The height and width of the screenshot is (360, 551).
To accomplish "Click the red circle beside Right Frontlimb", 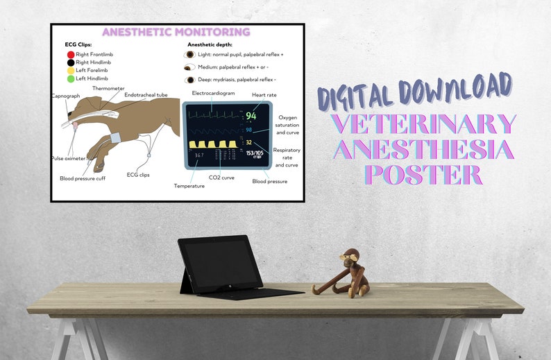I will point(70,54).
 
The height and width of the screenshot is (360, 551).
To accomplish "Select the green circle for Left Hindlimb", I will point(70,80).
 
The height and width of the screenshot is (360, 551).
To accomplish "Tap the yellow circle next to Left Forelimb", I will point(70,71).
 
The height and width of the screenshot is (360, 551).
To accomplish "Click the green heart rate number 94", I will point(251,115).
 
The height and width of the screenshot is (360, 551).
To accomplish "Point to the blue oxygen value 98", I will point(248,130).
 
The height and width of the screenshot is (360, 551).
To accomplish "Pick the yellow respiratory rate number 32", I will point(248,142).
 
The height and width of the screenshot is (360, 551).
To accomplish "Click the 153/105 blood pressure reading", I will point(253,153).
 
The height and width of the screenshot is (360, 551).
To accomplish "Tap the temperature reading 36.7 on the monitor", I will point(199,155).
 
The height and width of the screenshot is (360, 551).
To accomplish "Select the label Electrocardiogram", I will point(213,93).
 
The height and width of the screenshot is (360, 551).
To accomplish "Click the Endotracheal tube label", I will point(146,95).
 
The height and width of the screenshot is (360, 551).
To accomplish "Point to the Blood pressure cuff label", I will point(82,178).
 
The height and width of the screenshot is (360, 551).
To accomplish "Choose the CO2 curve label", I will point(221,178).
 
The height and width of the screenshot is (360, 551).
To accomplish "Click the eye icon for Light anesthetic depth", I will point(189,54).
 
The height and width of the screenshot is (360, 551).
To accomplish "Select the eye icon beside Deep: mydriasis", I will point(189,80).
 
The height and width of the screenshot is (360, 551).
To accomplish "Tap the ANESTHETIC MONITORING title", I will point(176,32).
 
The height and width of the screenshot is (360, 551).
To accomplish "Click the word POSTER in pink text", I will point(424,174).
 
